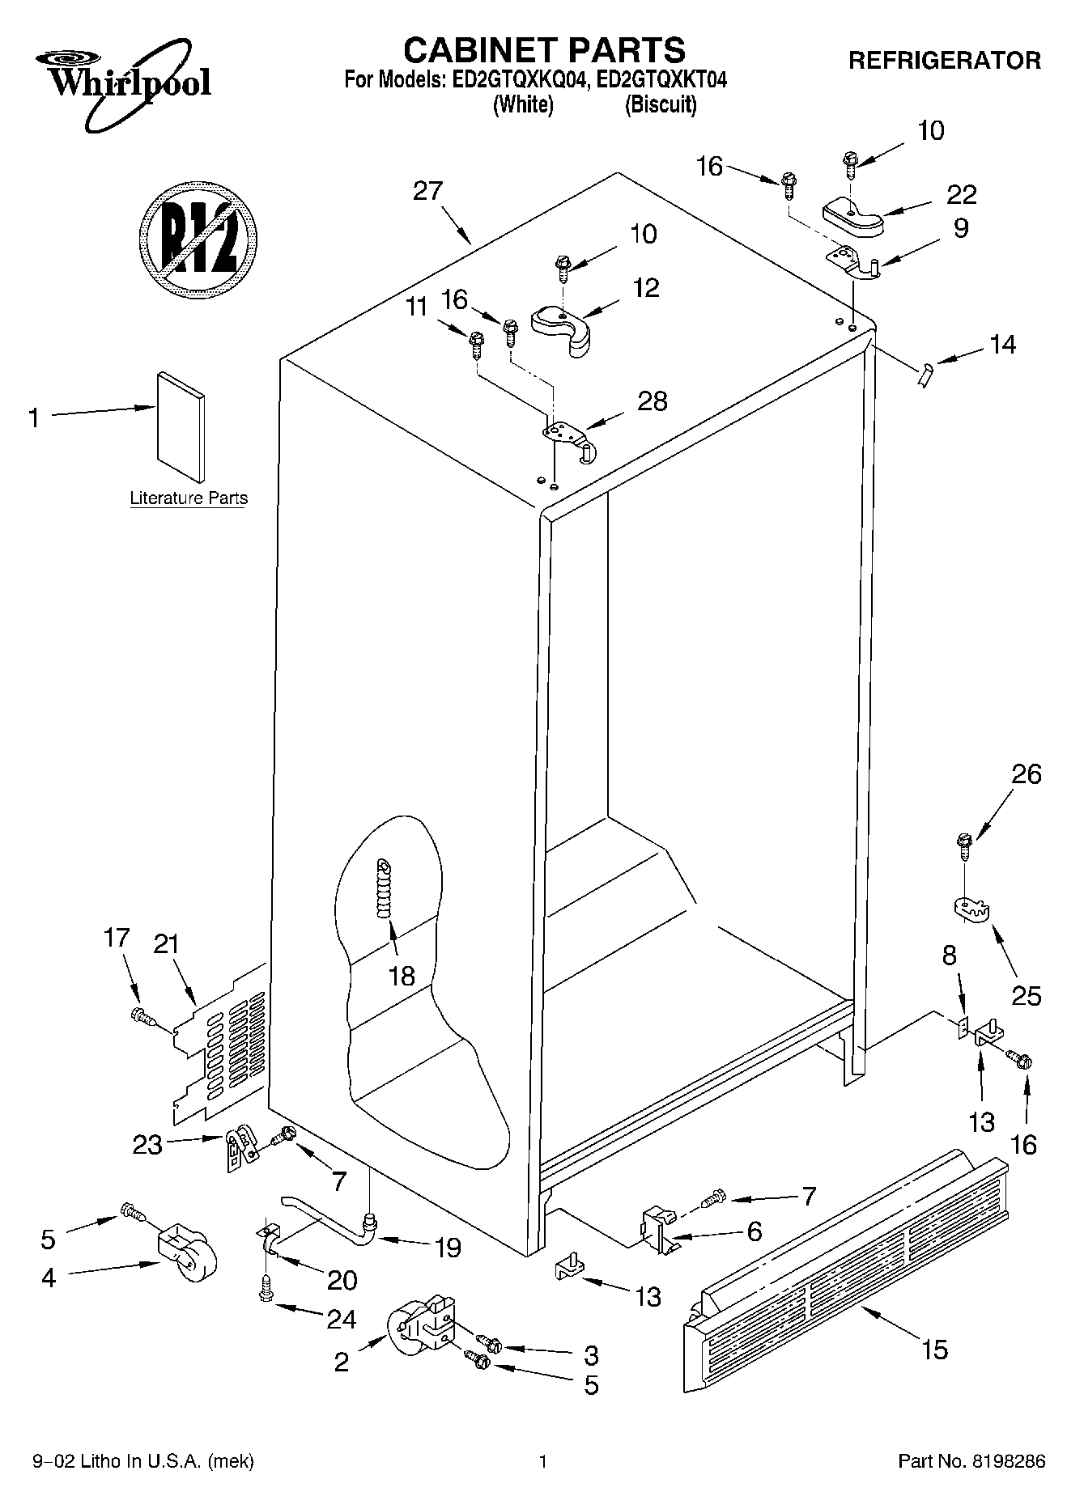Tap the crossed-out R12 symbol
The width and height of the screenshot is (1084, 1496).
[x=198, y=239]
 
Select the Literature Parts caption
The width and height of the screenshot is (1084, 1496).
[x=189, y=498]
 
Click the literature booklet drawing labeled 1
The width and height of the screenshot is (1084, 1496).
[x=181, y=426]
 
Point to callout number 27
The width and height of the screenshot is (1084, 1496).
[x=427, y=191]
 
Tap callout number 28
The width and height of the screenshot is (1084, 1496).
[x=653, y=400]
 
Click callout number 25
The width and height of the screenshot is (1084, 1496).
[x=1026, y=995]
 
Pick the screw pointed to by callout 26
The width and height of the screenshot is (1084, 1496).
[x=964, y=846]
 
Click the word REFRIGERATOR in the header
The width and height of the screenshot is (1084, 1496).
[x=944, y=61]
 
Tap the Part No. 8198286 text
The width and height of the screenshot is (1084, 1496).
[x=971, y=1461]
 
